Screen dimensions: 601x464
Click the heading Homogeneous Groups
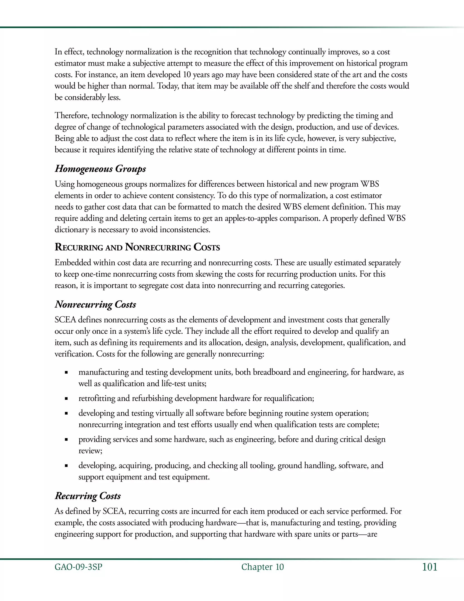[x=100, y=169]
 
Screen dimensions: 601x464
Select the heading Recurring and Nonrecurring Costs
[x=137, y=247]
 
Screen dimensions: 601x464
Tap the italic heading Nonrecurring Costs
[x=95, y=304]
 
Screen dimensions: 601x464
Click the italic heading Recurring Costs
[x=88, y=496]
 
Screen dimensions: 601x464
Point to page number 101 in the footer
[x=429, y=567]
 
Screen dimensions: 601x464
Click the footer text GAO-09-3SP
[x=78, y=567]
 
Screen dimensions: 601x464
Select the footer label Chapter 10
[x=263, y=567]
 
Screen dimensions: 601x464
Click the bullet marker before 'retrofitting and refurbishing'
[x=66, y=398]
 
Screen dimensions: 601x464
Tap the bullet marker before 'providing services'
[x=66, y=440]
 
